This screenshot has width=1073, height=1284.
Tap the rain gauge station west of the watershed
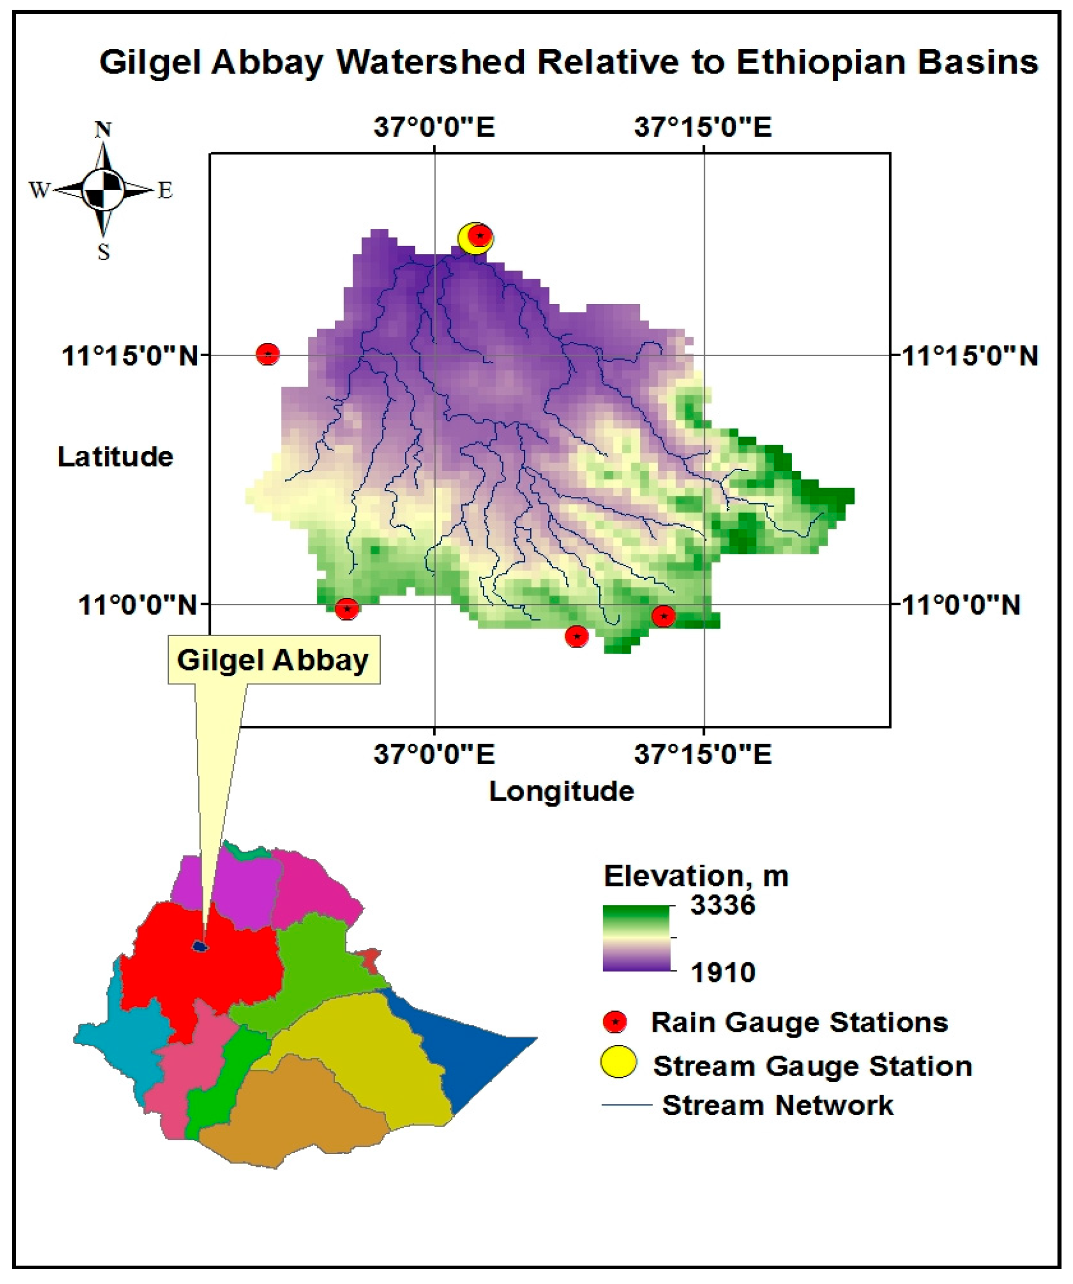click(267, 353)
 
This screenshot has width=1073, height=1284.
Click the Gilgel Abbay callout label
click(273, 660)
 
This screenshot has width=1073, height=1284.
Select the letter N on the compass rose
click(103, 130)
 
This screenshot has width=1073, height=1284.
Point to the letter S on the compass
click(104, 251)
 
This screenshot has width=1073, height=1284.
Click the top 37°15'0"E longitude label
click(703, 128)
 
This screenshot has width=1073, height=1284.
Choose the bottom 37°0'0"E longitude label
click(434, 754)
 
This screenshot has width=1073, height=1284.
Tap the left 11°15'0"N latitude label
click(130, 355)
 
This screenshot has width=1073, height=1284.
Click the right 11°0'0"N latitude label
click(960, 606)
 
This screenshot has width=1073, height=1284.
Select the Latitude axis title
click(115, 457)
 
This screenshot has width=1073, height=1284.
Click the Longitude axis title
click(561, 791)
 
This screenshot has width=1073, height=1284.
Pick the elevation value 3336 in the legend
click(723, 905)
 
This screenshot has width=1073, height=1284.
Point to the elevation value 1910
click(723, 972)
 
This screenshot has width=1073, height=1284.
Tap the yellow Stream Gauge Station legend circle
click(619, 1062)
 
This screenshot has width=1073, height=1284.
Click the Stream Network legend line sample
click(627, 1105)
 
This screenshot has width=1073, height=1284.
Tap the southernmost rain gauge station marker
click(576, 637)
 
